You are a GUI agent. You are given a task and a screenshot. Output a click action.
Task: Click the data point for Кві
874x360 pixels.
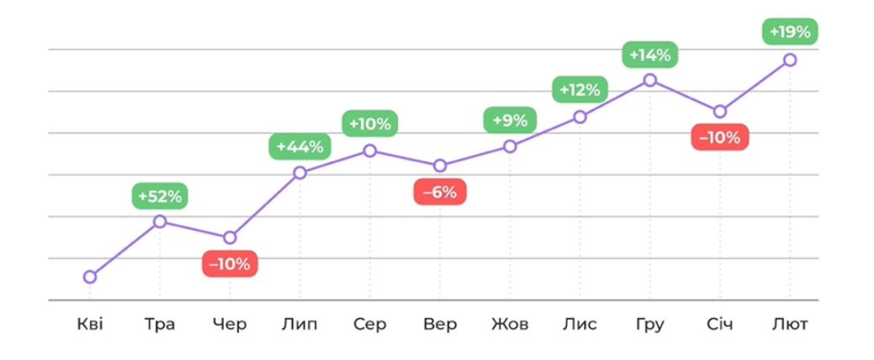90,277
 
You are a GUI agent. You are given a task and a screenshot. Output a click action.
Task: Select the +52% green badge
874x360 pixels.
160,197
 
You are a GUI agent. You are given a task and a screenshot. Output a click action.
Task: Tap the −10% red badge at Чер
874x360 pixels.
230,264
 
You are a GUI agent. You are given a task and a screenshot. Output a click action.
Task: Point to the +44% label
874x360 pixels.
299,147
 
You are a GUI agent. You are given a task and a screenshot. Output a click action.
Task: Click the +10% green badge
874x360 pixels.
370,124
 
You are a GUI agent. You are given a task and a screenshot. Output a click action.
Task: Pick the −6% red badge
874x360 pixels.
439,192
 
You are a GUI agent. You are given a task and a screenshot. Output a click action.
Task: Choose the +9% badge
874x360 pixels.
510,120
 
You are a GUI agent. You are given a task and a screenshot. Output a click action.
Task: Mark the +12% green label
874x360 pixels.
580,89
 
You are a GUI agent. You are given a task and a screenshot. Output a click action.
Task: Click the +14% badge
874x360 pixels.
650,56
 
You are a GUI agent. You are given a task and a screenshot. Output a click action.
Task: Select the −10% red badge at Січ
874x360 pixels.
719,137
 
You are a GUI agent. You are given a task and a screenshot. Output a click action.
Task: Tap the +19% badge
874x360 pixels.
790,33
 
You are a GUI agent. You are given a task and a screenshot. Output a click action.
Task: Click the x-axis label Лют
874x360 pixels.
790,325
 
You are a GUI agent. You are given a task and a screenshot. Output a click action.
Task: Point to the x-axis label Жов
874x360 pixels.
510,325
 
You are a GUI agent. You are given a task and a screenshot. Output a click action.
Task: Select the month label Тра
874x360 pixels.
160,325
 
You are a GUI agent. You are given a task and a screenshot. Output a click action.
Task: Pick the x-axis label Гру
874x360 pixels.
650,325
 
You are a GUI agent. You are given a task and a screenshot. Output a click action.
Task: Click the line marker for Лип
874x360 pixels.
299,172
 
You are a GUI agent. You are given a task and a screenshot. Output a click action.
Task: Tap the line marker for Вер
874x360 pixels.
440,166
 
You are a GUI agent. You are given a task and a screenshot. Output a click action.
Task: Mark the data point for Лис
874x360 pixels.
580,117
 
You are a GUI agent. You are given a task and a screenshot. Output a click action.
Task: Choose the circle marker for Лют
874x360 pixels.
790,60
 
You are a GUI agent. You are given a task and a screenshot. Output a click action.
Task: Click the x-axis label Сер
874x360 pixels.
370,325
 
